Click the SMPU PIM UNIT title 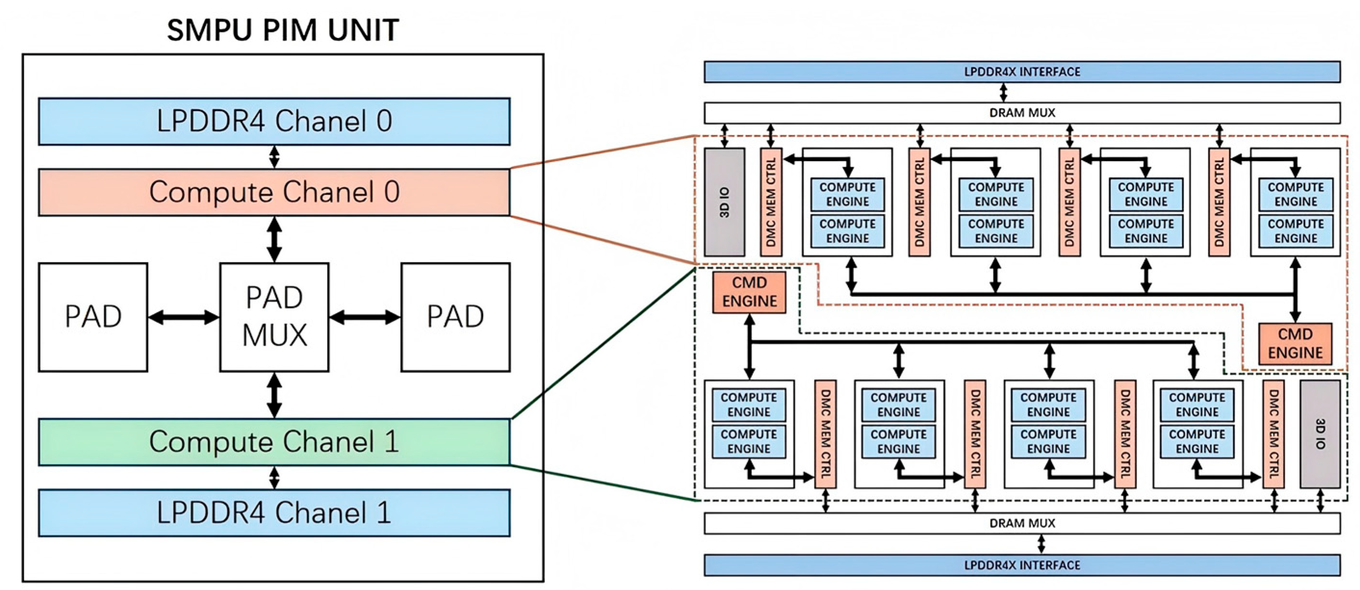point(283,30)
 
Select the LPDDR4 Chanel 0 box point(275,121)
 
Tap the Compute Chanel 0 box point(275,192)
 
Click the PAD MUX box point(275,317)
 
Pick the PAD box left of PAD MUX point(93,317)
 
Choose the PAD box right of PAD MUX point(456,317)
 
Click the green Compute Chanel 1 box point(275,442)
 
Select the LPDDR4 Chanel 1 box point(275,513)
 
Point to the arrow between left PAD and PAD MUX point(184,317)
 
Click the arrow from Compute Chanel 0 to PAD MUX point(275,239)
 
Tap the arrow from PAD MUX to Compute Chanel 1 point(275,396)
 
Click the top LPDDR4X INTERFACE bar point(1022,72)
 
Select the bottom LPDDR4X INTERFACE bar point(1022,565)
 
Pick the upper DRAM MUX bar point(1022,113)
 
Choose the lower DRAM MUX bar point(1022,524)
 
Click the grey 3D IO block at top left point(725,202)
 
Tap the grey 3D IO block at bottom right point(1320,434)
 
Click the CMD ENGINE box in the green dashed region point(749,292)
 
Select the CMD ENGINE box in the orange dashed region point(1295,343)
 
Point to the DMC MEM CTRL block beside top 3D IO point(771,202)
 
